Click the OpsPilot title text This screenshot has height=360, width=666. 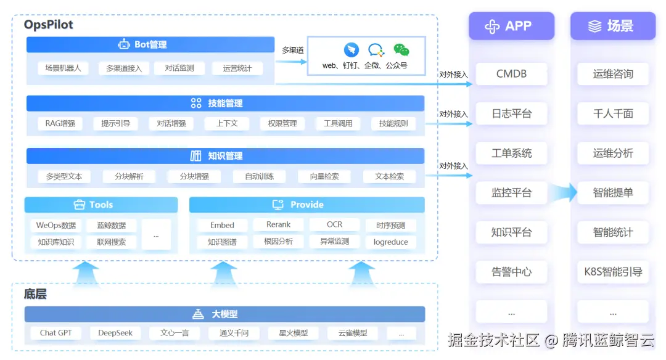tap(49, 25)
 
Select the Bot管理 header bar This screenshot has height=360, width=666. tap(150, 44)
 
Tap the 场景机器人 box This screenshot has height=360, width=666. tap(63, 68)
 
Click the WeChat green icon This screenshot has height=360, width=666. tap(401, 50)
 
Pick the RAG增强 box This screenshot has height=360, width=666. tap(60, 123)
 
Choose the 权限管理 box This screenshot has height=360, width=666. tap(282, 123)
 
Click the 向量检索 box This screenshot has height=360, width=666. tap(324, 176)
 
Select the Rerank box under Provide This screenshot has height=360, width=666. tap(278, 225)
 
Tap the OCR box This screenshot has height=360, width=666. tap(334, 225)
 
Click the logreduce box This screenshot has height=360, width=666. tap(390, 242)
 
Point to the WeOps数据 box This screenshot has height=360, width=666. tap(56, 226)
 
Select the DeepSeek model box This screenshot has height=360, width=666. tap(115, 333)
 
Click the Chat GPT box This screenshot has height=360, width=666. tap(56, 333)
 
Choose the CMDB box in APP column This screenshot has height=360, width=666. tap(511, 74)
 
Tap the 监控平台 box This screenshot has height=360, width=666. tap(511, 193)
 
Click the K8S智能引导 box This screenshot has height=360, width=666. tap(612, 272)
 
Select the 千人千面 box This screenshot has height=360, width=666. tap(612, 113)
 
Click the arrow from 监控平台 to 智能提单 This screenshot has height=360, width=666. tap(562, 193)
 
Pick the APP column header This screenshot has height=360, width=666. tap(511, 26)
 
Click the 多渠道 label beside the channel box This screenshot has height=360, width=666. tap(292, 50)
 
